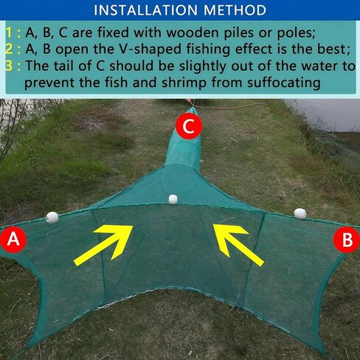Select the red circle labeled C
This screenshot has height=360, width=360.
pyautogui.click(x=190, y=125)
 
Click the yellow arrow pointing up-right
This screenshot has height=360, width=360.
pyautogui.click(x=103, y=243)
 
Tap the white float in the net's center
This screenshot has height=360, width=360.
pyautogui.click(x=173, y=199)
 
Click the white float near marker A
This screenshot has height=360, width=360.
pyautogui.click(x=52, y=217)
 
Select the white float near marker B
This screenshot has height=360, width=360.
pyautogui.click(x=300, y=213)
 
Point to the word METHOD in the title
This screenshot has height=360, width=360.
pyautogui.click(x=235, y=10)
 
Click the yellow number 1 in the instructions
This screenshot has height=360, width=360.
pyautogui.click(x=8, y=33)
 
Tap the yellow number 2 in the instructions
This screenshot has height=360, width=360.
pyautogui.click(x=8, y=49)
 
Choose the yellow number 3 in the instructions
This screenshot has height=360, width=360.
pyautogui.click(x=8, y=66)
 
